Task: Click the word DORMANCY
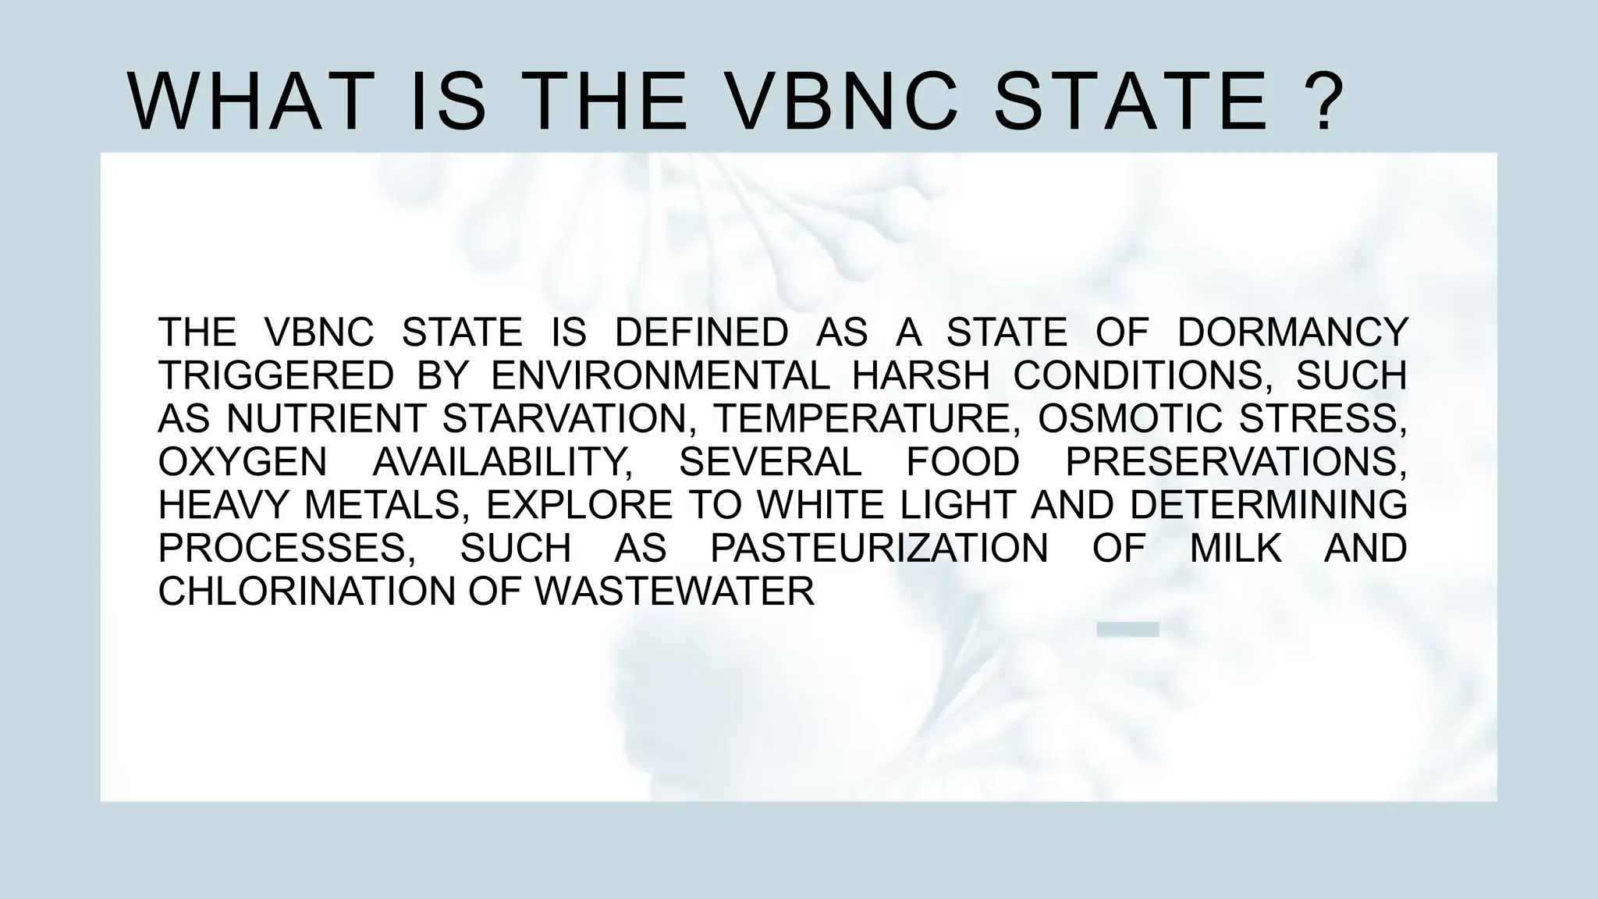(x=1292, y=332)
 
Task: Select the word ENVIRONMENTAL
(x=660, y=376)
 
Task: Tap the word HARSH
(x=921, y=376)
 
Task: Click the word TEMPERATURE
(x=869, y=419)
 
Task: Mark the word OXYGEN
(x=243, y=462)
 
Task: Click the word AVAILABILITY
(x=502, y=462)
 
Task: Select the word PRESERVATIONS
(x=1236, y=462)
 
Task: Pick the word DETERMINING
(x=1268, y=505)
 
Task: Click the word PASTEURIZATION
(x=879, y=548)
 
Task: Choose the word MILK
(x=1236, y=548)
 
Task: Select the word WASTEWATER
(x=675, y=592)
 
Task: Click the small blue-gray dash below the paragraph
(x=1127, y=630)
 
